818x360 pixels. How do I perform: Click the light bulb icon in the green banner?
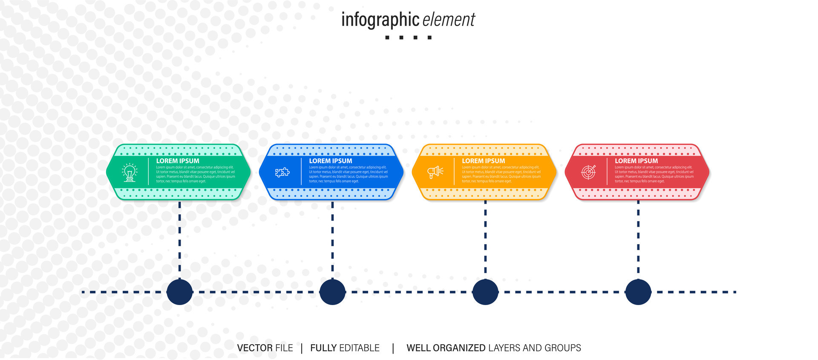coord(130,173)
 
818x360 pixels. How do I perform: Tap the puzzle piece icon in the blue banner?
coord(282,172)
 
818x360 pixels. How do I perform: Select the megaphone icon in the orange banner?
coord(435,172)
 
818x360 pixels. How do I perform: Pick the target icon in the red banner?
coord(588,172)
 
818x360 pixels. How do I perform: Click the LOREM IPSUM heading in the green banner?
coord(178,161)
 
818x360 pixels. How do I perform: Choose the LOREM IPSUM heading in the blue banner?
coord(331,161)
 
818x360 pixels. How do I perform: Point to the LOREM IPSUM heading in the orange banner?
coord(484,161)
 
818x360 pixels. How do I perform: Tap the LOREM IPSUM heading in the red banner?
coord(637,161)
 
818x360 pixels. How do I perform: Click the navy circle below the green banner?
coord(180,292)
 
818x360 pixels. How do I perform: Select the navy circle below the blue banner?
coord(332,292)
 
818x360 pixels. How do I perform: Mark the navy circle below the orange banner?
coord(485,292)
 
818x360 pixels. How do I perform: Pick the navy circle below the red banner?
coord(638,292)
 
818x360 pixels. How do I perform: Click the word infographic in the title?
coord(380,20)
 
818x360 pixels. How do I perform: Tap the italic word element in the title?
coord(449,20)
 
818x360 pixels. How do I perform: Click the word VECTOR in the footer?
coord(255,348)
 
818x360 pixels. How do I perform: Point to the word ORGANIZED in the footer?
coord(459,348)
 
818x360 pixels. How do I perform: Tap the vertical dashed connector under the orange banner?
coord(485,239)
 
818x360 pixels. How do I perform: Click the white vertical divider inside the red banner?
coord(607,172)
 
